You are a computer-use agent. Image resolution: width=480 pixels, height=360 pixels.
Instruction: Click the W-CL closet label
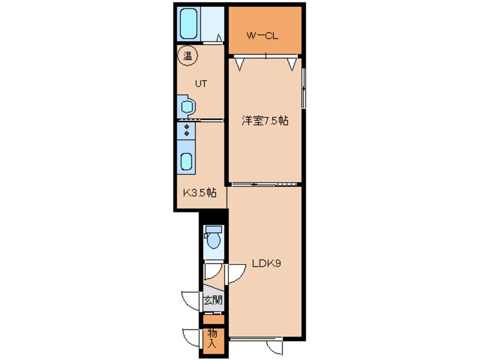point(262,36)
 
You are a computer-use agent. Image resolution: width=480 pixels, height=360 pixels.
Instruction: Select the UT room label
point(201,83)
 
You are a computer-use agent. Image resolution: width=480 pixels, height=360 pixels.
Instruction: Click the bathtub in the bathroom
point(188,24)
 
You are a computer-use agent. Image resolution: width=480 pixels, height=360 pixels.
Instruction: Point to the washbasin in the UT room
point(187,106)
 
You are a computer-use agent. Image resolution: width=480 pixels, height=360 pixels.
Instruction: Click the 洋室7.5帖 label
point(265,120)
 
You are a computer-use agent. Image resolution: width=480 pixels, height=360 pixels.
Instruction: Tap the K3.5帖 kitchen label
point(199,192)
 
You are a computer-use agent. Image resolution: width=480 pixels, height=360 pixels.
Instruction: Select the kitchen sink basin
point(187,162)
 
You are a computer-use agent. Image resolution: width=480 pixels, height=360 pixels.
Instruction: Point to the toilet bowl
point(213,239)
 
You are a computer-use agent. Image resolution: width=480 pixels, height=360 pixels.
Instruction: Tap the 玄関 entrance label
point(213,300)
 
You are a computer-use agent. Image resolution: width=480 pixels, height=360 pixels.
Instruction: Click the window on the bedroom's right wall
point(304,87)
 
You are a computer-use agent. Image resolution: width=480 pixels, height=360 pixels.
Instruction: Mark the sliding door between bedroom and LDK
point(265,184)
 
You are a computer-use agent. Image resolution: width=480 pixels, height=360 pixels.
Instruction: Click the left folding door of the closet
point(240,62)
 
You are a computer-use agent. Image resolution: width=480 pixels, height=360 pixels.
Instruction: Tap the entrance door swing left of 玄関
point(190,299)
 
